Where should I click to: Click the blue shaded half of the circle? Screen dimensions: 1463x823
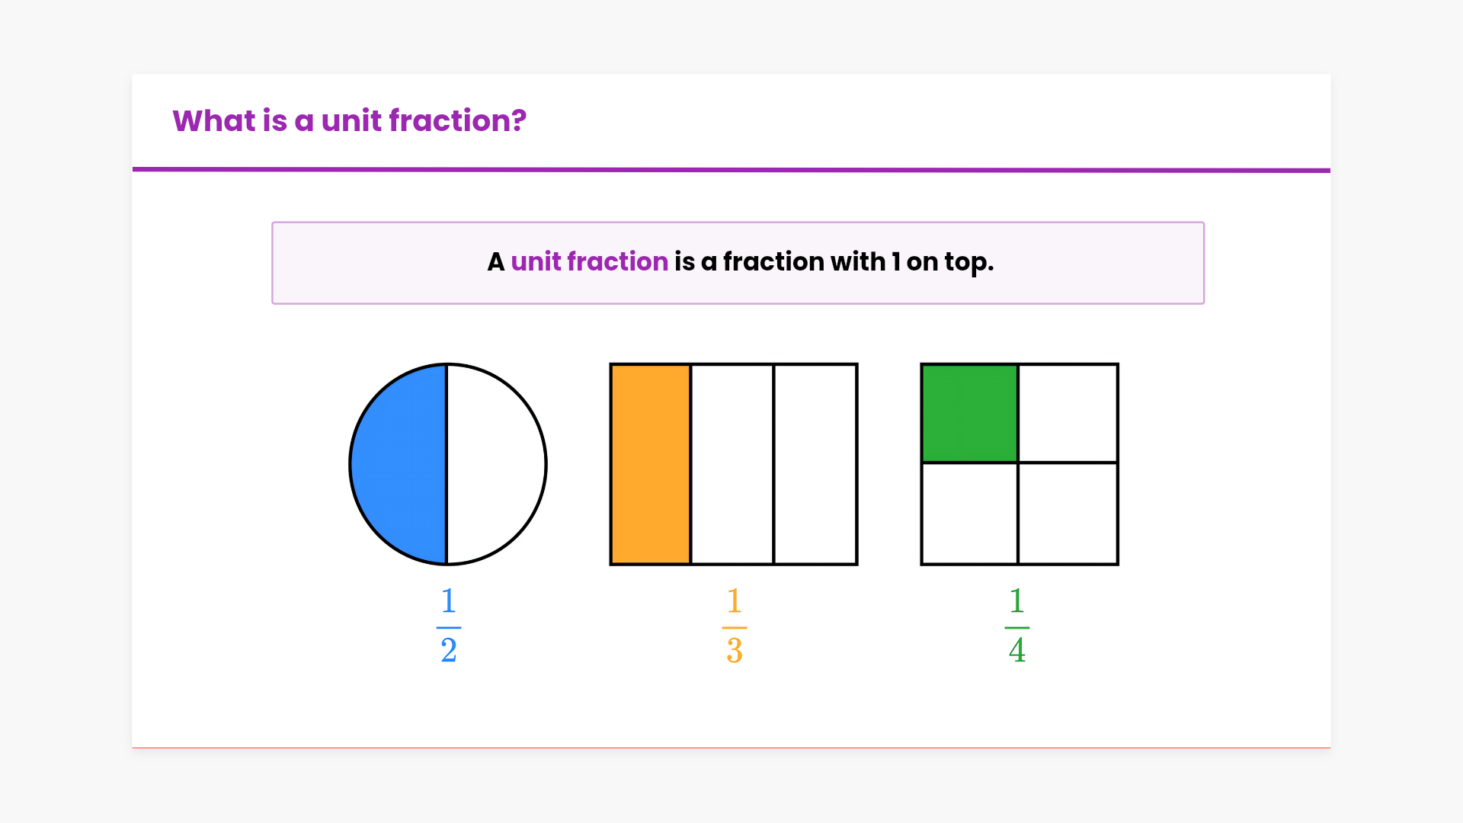tap(399, 464)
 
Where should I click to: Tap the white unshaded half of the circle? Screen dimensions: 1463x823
tap(497, 464)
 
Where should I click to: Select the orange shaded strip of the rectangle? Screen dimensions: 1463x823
tap(651, 464)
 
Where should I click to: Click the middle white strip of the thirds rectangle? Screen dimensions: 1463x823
tap(732, 464)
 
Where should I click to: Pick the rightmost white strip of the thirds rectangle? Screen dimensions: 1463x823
tap(815, 464)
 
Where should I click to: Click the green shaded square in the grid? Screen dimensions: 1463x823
tap(970, 413)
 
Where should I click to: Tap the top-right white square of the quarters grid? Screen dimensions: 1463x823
tap(1068, 413)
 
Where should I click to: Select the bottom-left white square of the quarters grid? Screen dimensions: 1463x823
tap(970, 513)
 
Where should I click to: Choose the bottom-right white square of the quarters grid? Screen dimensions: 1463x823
tap(1068, 513)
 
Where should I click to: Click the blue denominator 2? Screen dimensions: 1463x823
tap(449, 650)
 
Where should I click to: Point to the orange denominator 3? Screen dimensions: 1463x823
tap(735, 650)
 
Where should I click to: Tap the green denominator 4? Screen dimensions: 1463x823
tap(1017, 650)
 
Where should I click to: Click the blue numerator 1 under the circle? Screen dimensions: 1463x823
tap(449, 600)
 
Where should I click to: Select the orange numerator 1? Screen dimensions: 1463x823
tap(735, 600)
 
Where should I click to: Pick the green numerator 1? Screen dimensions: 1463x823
tap(1017, 600)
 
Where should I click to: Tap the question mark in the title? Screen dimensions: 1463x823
tap(519, 120)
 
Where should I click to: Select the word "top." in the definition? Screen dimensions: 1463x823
tap(969, 263)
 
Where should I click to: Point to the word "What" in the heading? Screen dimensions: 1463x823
tap(214, 120)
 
